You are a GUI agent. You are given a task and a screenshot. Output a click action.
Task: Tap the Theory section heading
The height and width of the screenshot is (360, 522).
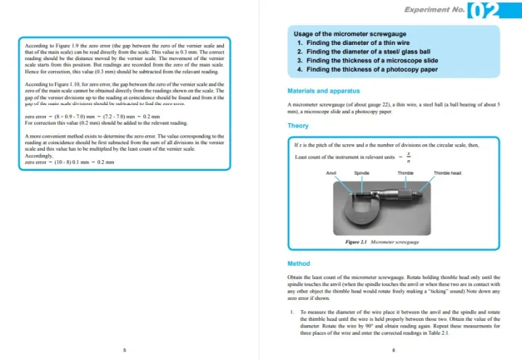[x=298, y=125]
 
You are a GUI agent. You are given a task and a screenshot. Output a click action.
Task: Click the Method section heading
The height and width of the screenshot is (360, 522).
[x=299, y=264]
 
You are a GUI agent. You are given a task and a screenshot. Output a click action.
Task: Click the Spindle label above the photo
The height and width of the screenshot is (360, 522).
[x=362, y=173]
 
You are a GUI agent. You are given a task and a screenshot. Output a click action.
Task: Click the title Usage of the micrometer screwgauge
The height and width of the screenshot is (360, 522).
[x=349, y=34]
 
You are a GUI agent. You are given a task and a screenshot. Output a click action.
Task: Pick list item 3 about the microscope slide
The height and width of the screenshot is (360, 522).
[x=368, y=61]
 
